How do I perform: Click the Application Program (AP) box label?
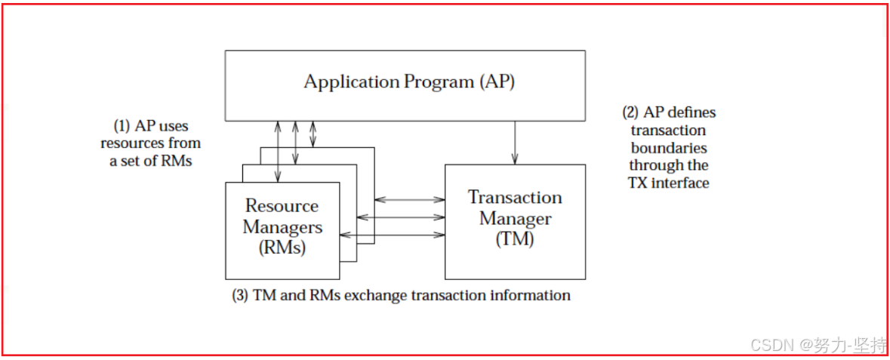click(x=409, y=82)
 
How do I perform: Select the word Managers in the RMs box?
click(x=282, y=226)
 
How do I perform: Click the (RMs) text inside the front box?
click(x=282, y=247)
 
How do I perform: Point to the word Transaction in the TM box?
click(x=515, y=198)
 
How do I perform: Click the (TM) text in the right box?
click(x=515, y=239)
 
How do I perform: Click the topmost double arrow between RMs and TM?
click(x=410, y=199)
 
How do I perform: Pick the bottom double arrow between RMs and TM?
click(x=393, y=235)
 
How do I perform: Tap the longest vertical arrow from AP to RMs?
click(x=279, y=151)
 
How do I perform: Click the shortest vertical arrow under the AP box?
click(x=313, y=134)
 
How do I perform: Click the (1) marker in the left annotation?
click(x=121, y=126)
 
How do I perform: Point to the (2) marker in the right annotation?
click(x=630, y=112)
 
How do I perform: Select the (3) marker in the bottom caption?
click(x=240, y=295)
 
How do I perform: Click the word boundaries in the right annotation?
click(x=668, y=147)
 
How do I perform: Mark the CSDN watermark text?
click(x=771, y=345)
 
